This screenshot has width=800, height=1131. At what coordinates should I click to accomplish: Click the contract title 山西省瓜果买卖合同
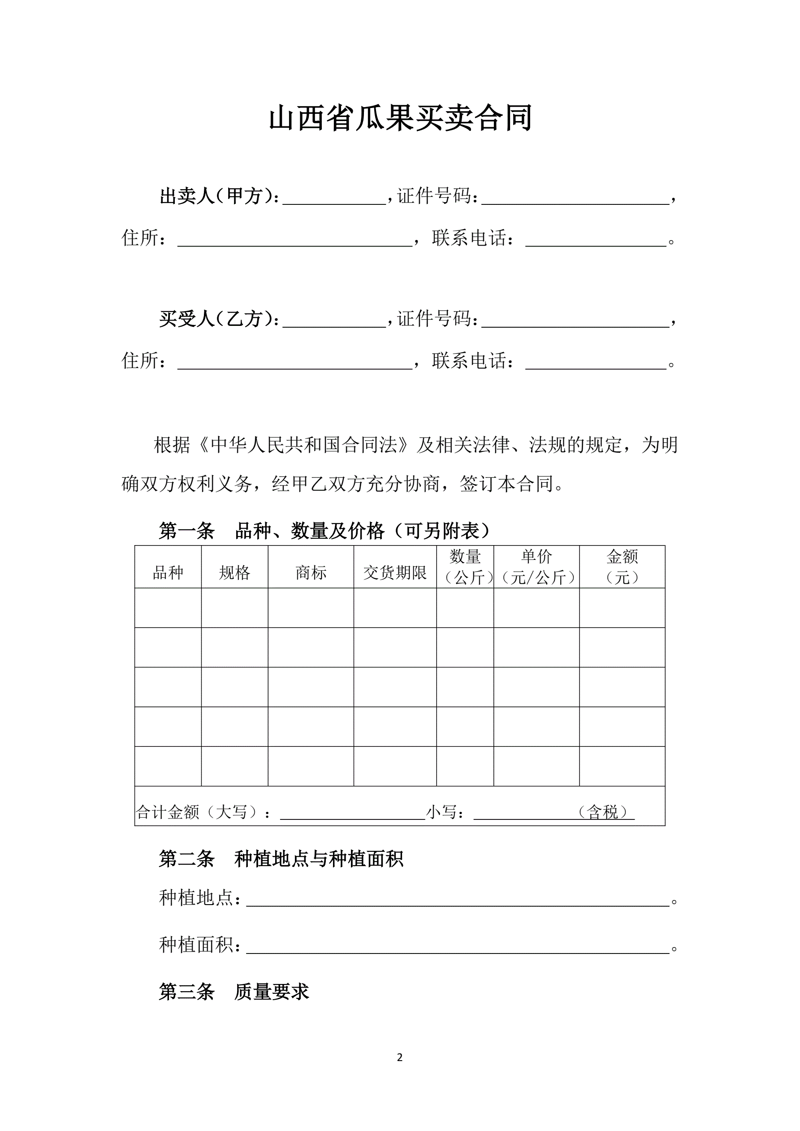pyautogui.click(x=400, y=118)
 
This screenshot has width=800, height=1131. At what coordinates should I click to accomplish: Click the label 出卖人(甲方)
pyautogui.click(x=219, y=196)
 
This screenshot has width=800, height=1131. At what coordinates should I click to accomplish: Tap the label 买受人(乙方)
pyautogui.click(x=219, y=319)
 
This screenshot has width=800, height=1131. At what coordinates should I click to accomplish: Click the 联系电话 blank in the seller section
pyautogui.click(x=596, y=240)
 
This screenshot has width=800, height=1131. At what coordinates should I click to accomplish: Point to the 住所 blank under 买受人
pyautogui.click(x=294, y=363)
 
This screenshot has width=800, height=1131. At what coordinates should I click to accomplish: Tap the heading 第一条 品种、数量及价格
pyautogui.click(x=325, y=531)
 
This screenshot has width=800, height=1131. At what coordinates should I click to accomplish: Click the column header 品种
pyautogui.click(x=168, y=572)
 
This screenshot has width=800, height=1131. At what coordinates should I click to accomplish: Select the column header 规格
pyautogui.click(x=234, y=572)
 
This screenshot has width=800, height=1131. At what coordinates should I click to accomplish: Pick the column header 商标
pyautogui.click(x=311, y=572)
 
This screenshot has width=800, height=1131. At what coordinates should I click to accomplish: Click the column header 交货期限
pyautogui.click(x=395, y=572)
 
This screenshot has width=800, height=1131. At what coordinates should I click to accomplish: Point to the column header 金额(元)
pyautogui.click(x=622, y=567)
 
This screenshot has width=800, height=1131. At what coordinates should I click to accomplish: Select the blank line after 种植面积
pyautogui.click(x=458, y=947)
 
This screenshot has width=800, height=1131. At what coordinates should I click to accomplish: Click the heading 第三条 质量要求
pyautogui.click(x=234, y=992)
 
